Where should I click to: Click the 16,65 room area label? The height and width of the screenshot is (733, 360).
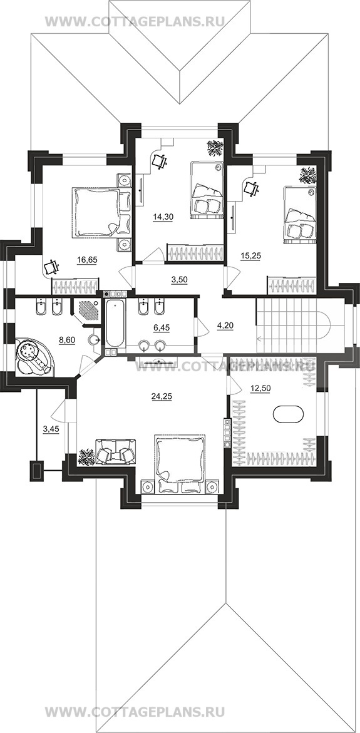tap(88, 260)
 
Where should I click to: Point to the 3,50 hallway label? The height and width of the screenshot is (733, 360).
tap(177, 280)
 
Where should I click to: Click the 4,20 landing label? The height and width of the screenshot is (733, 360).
tap(225, 322)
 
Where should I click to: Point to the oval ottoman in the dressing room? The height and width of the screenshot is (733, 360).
tap(288, 414)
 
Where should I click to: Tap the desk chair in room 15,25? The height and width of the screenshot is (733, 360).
tap(252, 188)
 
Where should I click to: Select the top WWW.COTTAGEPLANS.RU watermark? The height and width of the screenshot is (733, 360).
tap(135, 21)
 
